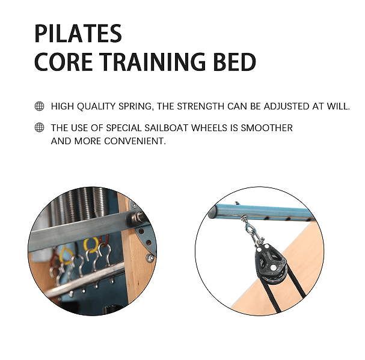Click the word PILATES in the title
pos(78,34)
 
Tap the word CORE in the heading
pos(63,62)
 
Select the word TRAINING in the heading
pos(153,62)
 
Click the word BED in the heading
pos(235,62)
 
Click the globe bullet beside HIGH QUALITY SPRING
pos(39,106)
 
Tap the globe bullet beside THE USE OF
pos(39,127)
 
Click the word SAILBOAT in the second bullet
pos(167,128)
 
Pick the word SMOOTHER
pos(267,128)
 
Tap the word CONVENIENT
pos(135,141)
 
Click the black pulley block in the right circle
pos(270,262)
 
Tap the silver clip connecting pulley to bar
pos(253,231)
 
